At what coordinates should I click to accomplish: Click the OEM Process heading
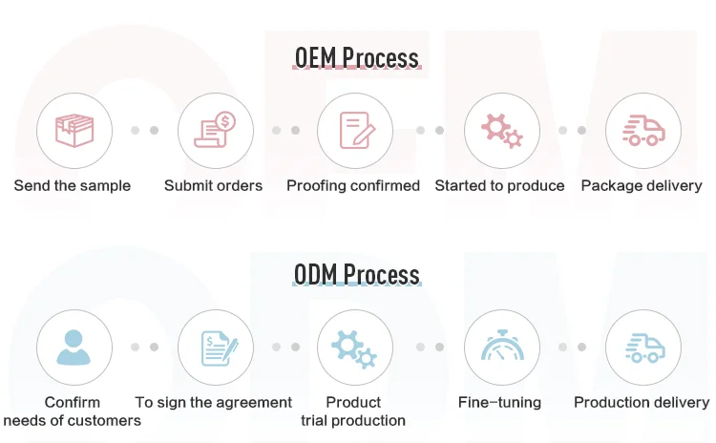356,58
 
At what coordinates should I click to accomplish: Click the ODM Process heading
356,275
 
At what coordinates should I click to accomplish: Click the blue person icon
74,348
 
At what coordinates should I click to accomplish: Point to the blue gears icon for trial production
355,348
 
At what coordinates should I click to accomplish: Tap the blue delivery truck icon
642,348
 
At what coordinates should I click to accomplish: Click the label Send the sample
73,186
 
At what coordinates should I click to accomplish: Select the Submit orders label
213,186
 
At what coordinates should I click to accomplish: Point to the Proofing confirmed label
353,186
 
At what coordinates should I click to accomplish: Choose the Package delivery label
642,186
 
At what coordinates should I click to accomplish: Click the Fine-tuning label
499,403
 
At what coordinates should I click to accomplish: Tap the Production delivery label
642,403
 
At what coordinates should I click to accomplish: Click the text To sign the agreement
214,403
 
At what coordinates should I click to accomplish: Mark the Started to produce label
499,186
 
